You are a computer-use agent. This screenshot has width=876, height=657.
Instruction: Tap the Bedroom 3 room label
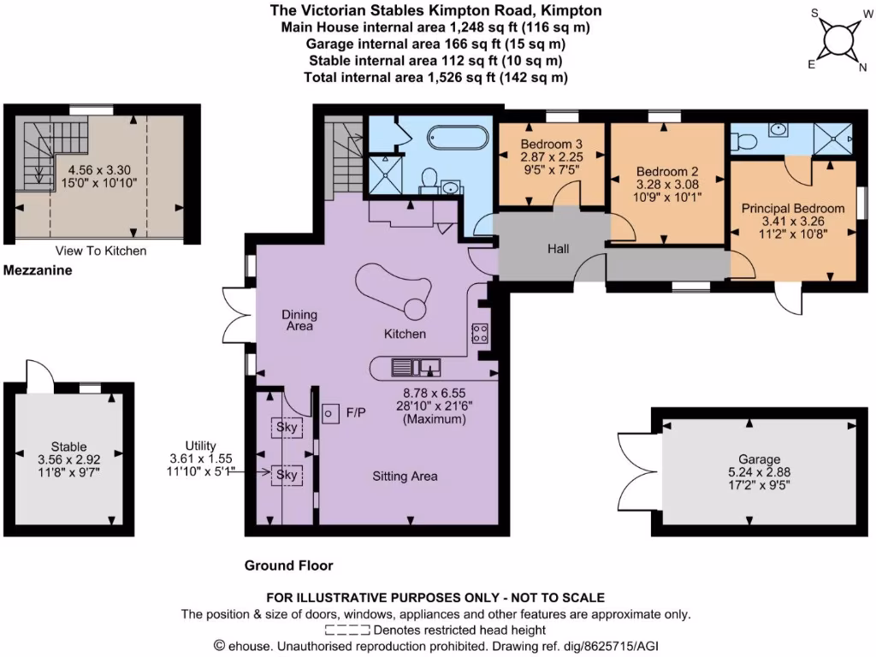click(552, 144)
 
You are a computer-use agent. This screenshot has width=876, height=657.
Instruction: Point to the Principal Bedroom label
click(793, 209)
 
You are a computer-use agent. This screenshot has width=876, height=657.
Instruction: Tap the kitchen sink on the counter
click(416, 368)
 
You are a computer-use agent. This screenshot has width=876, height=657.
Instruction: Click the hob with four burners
click(480, 334)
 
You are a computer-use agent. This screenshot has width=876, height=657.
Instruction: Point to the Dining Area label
click(299, 320)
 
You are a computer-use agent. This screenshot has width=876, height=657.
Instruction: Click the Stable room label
click(68, 447)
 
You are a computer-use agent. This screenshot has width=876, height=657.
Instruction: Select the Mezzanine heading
click(37, 270)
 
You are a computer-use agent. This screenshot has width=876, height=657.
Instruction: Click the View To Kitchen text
click(100, 252)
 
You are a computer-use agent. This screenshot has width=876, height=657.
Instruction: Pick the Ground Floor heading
click(288, 565)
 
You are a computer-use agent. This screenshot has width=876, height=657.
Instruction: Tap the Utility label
click(200, 446)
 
